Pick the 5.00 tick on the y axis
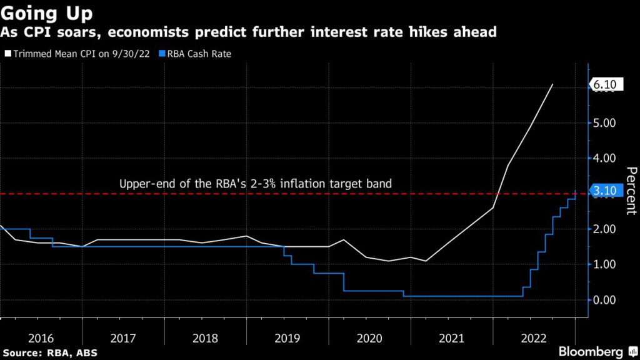(x=606, y=123)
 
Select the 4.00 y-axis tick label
(x=606, y=159)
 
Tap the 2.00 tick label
(x=606, y=229)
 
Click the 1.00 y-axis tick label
(x=606, y=264)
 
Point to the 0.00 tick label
(x=606, y=300)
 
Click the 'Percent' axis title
(x=631, y=191)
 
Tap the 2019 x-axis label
(x=286, y=338)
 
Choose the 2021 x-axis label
(x=451, y=338)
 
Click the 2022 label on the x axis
(x=533, y=338)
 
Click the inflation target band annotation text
(x=256, y=184)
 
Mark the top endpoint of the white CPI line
(x=552, y=84)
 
